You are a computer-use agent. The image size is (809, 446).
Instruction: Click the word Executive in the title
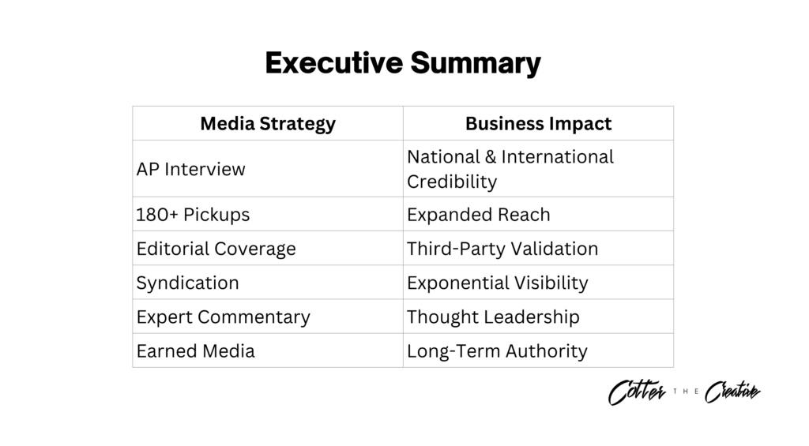[334, 63]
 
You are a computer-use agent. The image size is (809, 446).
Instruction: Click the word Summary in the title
[476, 64]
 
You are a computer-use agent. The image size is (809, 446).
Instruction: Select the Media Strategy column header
[268, 124]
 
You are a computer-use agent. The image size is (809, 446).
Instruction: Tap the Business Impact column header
[538, 124]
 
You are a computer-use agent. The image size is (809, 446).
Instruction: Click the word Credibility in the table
[452, 182]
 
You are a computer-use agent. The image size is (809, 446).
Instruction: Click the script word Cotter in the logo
[638, 392]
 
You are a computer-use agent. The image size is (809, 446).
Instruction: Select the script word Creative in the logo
[732, 392]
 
